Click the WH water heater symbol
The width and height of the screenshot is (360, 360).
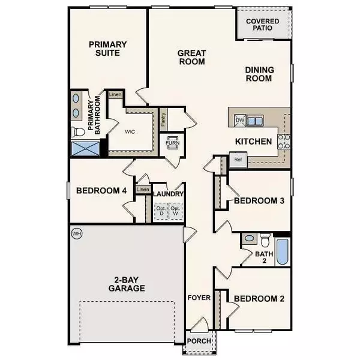tap(76, 233)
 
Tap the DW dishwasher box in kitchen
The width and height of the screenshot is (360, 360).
tap(239, 121)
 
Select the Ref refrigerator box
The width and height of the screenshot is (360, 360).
tap(237, 160)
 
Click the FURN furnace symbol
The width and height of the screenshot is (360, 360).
tap(173, 143)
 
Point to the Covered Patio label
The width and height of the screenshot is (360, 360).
tap(263, 25)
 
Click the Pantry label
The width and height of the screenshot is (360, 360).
tap(163, 119)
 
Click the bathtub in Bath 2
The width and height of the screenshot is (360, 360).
tap(282, 252)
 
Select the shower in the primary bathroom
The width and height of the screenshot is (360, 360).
tap(84, 149)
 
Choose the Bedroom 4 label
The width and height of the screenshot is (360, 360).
tap(101, 191)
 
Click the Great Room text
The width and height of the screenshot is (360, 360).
tap(191, 57)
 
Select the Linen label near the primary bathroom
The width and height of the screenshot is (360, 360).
tap(115, 95)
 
